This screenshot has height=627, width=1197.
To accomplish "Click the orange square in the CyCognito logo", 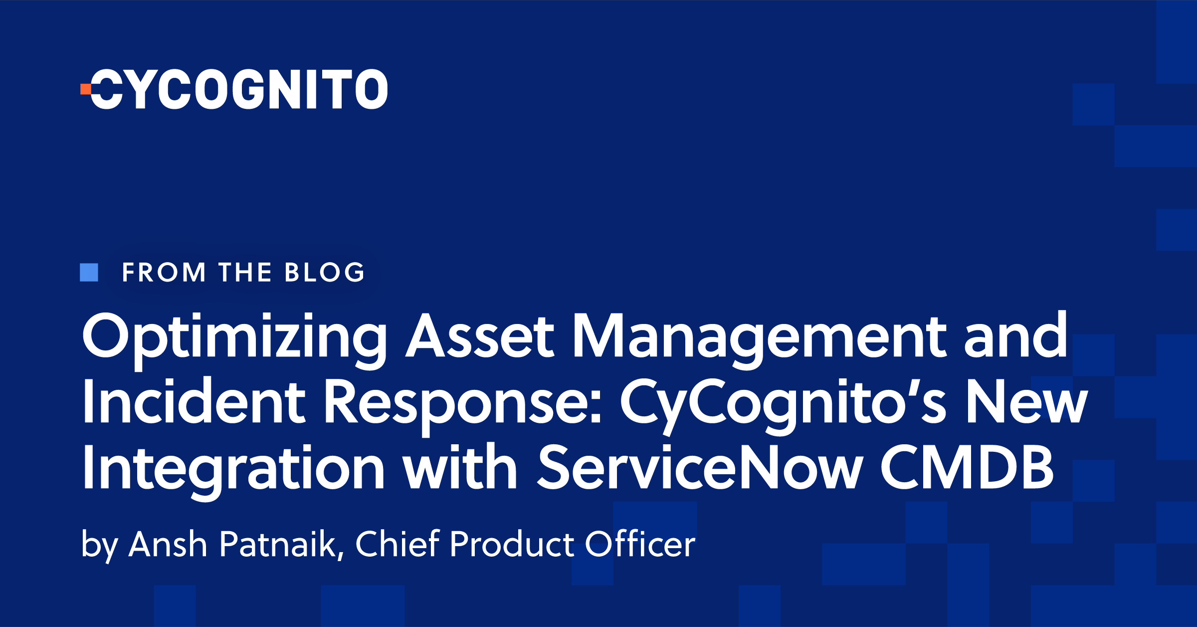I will [86, 89].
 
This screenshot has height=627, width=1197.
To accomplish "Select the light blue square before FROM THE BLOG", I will [89, 272].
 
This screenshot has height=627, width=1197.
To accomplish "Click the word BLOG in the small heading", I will [325, 273].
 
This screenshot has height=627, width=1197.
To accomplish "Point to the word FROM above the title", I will [164, 273].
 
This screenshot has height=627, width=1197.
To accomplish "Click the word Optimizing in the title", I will [234, 337].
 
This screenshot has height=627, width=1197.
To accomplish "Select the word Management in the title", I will [759, 337].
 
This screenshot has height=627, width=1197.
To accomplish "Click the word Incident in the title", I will [194, 402].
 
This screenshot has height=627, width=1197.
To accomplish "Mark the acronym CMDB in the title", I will [967, 468].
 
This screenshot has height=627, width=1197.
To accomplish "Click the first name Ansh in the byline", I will [168, 544].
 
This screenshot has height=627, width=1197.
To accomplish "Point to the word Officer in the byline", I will [640, 544].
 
